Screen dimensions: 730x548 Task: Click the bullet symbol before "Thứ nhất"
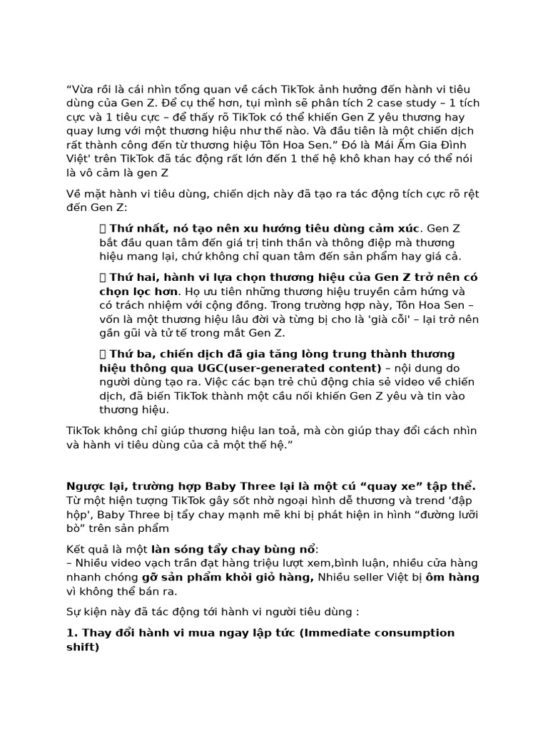(x=103, y=228)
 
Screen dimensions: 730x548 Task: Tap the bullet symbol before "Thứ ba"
(x=103, y=354)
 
